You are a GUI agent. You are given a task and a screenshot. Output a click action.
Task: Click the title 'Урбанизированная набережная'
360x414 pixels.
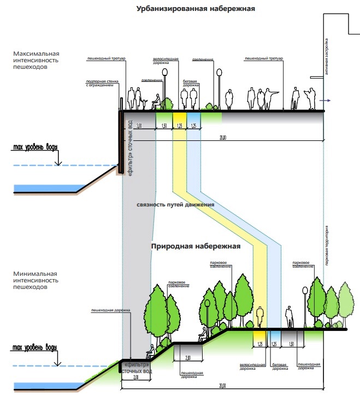click(x=196, y=9)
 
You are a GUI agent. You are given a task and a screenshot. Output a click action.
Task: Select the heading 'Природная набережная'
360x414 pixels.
click(x=196, y=246)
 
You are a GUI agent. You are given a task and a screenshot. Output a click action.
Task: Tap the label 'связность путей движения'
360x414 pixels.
click(x=175, y=205)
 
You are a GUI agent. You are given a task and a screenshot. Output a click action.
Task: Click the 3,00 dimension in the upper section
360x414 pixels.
click(x=139, y=126)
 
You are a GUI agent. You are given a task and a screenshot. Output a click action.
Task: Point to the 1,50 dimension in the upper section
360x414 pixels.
click(x=164, y=126)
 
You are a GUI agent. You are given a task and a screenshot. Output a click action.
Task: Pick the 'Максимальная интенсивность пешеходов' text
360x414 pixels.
click(x=37, y=61)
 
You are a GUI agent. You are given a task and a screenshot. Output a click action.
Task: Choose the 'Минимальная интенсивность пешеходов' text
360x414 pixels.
click(x=37, y=279)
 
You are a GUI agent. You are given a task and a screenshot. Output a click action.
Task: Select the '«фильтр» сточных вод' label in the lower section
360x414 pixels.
click(x=135, y=368)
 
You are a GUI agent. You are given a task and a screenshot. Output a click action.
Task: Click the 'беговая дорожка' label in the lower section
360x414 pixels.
click(x=279, y=367)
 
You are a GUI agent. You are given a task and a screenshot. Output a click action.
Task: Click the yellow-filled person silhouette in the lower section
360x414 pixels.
click(x=261, y=318)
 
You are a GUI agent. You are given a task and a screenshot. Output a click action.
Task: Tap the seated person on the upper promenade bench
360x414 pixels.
click(x=156, y=102)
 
